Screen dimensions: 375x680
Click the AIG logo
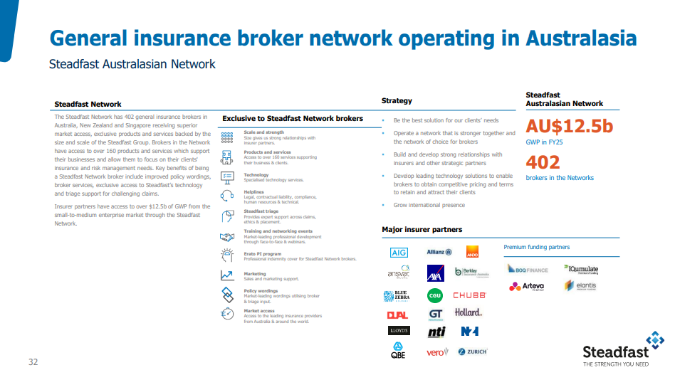point(399,253)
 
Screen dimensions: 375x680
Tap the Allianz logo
point(439,251)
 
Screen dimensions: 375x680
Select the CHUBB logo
point(469,295)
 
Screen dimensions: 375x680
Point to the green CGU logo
point(435,295)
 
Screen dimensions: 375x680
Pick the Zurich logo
point(473,352)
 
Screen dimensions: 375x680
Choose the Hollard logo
point(469,312)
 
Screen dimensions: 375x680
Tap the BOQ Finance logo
point(528,269)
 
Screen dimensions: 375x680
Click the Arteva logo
point(527,286)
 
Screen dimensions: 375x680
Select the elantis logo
point(580,285)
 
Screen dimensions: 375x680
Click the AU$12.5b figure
point(569,127)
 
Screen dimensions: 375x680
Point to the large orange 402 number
point(543,162)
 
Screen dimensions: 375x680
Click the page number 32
point(33,361)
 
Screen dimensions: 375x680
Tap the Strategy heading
point(397,101)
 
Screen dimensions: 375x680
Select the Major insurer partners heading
point(422,229)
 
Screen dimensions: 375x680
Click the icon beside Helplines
point(228,195)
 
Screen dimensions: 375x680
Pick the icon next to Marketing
point(227,275)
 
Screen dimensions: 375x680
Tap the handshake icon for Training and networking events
point(228,236)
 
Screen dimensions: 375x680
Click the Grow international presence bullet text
point(429,205)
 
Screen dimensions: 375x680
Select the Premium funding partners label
point(536,247)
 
